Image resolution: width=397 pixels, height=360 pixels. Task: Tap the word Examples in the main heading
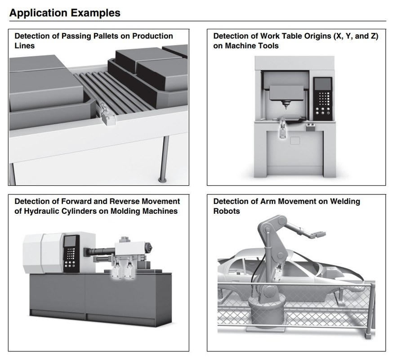click(x=94, y=13)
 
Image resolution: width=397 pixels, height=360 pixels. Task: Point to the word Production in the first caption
click(x=151, y=36)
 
